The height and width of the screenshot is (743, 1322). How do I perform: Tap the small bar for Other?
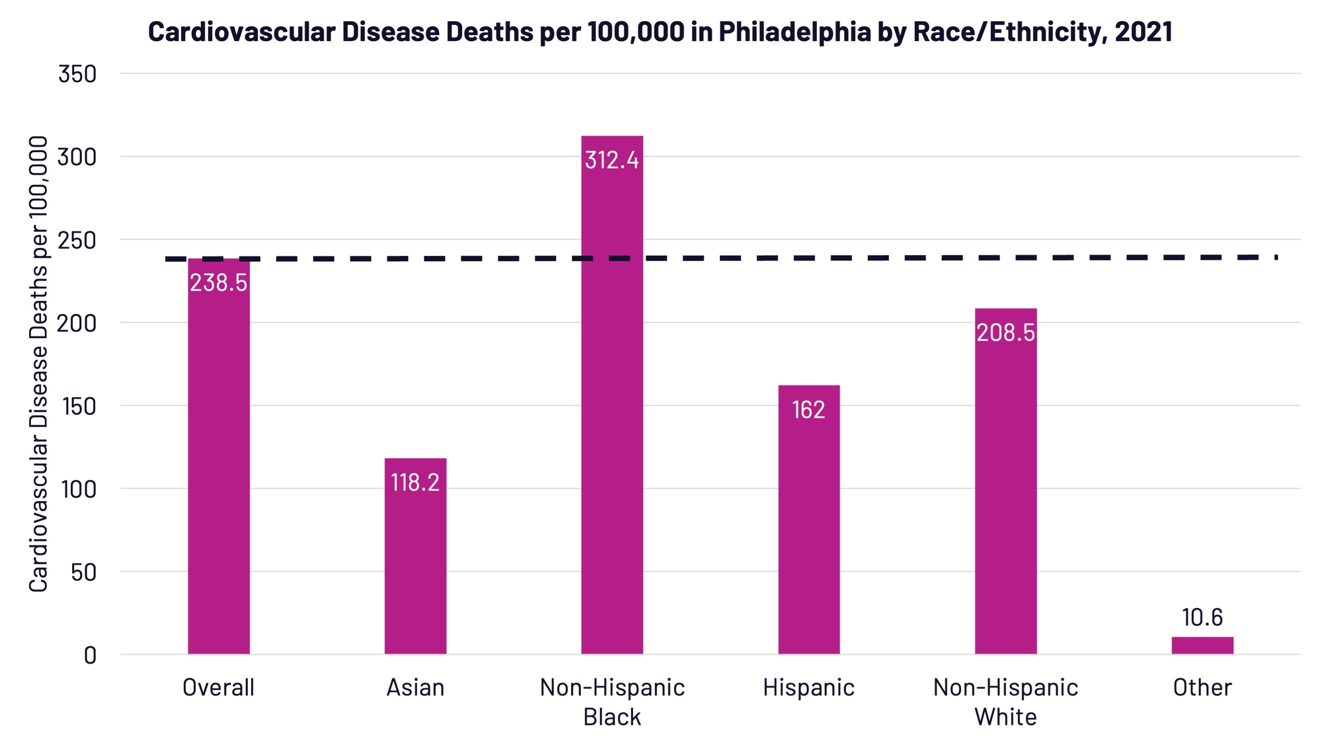point(1202,645)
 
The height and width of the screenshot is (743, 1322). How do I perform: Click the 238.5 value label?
point(219,283)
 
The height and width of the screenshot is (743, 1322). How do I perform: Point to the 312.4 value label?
point(612,160)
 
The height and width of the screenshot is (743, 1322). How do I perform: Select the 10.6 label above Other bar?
point(1202,617)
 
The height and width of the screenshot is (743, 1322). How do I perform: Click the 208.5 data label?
point(1005,332)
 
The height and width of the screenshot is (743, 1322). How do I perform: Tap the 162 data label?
point(808,410)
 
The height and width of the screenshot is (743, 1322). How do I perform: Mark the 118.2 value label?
point(415,483)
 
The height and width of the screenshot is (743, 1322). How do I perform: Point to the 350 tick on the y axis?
point(77,74)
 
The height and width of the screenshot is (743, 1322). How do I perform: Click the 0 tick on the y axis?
point(90,655)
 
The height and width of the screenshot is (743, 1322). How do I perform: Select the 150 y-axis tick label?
point(79,407)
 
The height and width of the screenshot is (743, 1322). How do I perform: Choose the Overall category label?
point(218,687)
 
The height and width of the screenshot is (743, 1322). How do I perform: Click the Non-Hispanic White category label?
point(1005,702)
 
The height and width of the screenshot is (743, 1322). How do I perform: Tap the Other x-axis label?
point(1202,687)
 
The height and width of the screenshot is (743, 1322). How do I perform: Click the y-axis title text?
point(39,364)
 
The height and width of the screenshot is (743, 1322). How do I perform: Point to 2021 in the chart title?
point(1143,32)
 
